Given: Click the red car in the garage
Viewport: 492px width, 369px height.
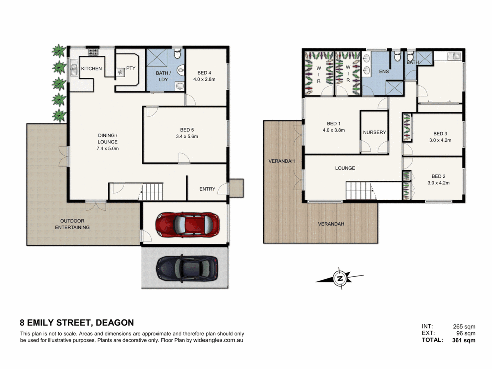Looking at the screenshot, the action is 187,225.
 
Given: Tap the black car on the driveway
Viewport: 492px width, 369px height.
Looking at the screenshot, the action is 187,269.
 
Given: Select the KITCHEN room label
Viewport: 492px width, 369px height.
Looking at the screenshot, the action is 91,69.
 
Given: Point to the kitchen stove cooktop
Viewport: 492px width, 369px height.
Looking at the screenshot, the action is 93,52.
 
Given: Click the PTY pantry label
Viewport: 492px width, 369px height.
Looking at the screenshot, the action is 131,68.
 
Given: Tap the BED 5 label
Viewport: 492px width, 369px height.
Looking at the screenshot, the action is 187,130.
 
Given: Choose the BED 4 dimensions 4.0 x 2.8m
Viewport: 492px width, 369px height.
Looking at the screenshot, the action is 204,79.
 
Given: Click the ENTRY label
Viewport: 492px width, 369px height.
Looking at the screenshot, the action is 207,189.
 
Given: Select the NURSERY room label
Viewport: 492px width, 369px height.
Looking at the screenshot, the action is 374,132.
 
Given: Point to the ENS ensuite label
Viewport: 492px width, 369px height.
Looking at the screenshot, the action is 384,71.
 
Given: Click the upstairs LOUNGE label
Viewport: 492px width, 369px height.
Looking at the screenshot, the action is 345,168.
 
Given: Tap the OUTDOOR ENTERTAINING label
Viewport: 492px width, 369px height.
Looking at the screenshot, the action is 72,224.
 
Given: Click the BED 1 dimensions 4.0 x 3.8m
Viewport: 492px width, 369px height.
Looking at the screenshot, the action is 334,130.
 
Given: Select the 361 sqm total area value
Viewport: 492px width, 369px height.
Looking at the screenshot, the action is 464,340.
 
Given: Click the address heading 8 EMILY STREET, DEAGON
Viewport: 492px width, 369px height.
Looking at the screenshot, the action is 77,323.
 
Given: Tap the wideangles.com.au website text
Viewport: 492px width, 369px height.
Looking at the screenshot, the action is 218,340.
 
